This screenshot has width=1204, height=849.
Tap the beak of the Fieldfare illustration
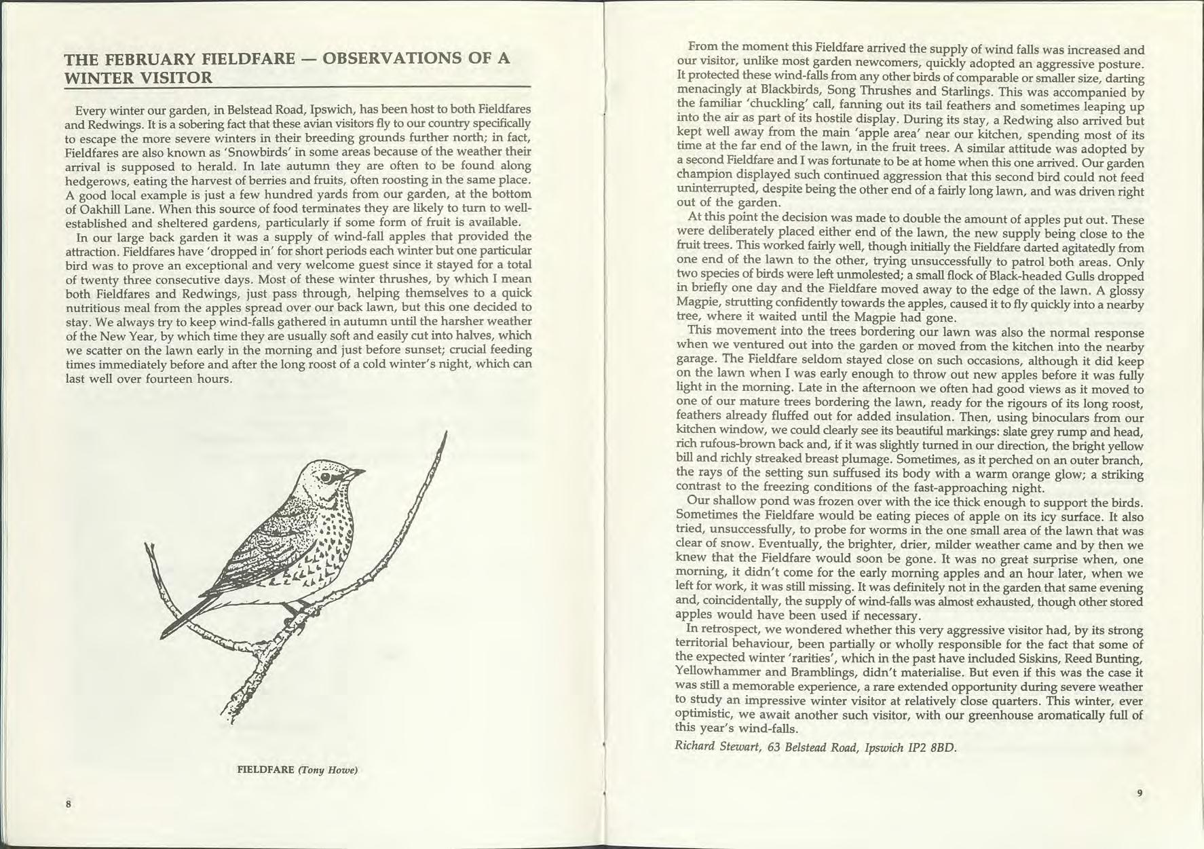357,471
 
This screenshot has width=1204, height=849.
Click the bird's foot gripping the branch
293,609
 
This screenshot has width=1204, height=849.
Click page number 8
69,804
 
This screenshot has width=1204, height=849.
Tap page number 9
1140,792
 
